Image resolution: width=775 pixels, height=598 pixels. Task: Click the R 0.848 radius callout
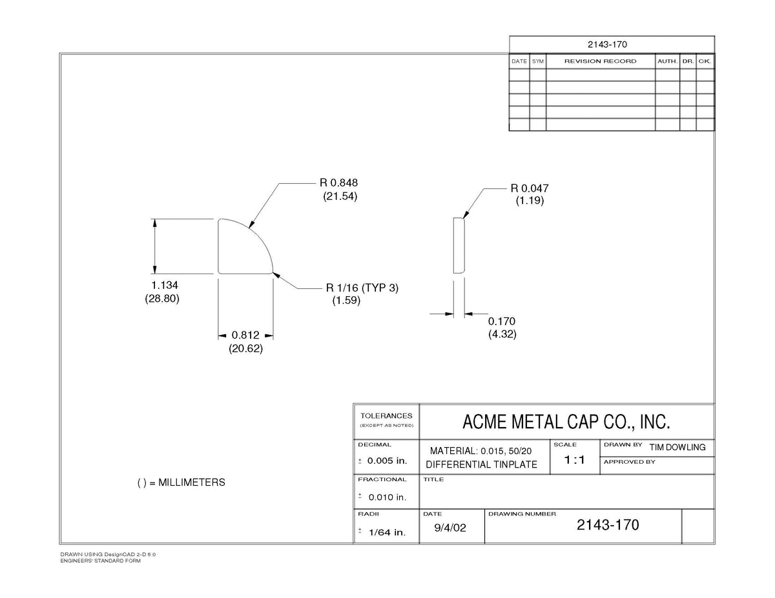[x=338, y=183]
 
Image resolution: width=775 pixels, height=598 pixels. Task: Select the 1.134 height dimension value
[x=165, y=285]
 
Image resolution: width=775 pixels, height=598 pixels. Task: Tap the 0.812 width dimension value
[x=245, y=335]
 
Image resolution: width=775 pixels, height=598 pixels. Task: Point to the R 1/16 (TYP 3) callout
[x=362, y=288]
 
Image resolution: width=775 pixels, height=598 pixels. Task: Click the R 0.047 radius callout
[x=530, y=188]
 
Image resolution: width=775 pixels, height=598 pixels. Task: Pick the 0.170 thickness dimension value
[x=501, y=321]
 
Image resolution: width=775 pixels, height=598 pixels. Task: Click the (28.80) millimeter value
[x=162, y=299]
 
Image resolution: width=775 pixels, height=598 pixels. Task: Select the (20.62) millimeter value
[x=245, y=348]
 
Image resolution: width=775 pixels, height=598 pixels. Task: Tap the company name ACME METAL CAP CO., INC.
[x=566, y=422]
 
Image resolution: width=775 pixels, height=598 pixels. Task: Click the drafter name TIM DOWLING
[x=677, y=447]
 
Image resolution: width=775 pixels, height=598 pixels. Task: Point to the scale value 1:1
[x=574, y=460]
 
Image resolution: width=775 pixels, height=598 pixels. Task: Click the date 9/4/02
[x=450, y=528]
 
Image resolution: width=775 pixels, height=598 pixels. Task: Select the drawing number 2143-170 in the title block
[x=608, y=525]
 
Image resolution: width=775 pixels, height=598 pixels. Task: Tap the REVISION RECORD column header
[x=600, y=61]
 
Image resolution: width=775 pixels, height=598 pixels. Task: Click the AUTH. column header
[x=667, y=61]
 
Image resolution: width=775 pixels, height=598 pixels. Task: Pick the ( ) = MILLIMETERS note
[x=181, y=483]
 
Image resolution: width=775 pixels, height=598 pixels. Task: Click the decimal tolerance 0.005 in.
[x=387, y=461]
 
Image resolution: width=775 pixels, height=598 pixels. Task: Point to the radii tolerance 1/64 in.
[x=387, y=532]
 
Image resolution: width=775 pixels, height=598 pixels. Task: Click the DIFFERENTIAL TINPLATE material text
[x=481, y=465]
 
